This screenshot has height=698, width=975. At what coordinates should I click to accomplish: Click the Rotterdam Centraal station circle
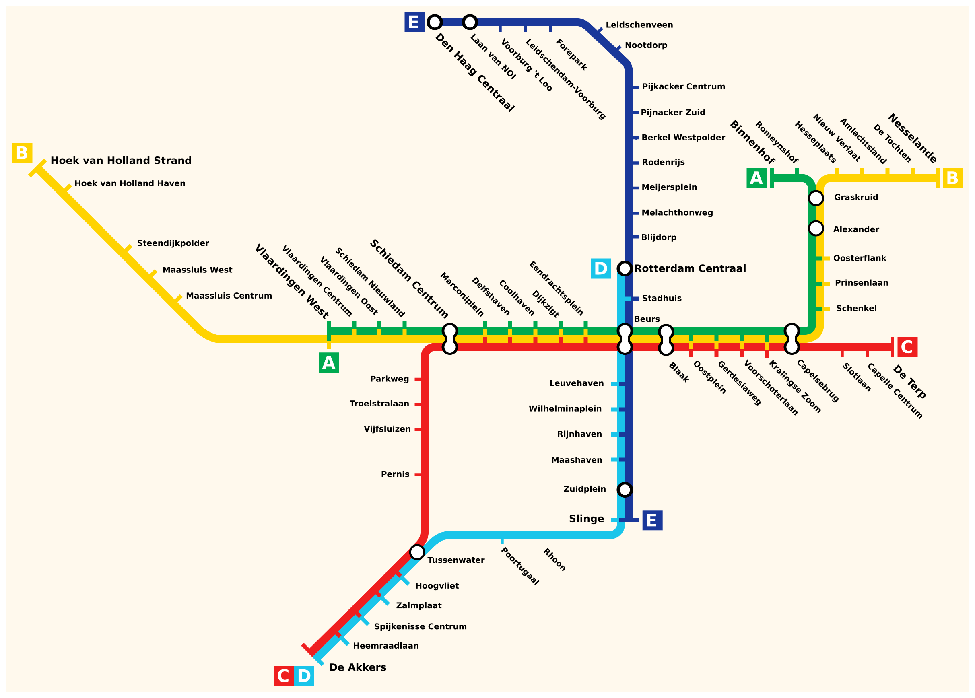(625, 269)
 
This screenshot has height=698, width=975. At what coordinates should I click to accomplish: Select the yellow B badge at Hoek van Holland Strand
(22, 153)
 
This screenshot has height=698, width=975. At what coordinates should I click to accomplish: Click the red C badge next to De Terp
(907, 347)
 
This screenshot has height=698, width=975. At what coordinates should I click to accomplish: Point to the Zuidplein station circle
(625, 490)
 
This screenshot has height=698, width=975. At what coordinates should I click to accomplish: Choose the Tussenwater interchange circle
(417, 552)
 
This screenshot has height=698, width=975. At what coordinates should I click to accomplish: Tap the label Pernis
(395, 474)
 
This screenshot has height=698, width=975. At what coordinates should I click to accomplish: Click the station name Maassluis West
(197, 270)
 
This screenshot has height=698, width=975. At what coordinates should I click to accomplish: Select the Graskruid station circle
(816, 198)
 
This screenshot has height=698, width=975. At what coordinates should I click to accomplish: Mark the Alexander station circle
(816, 228)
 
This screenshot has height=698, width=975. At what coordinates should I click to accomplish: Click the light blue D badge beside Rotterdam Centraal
(600, 269)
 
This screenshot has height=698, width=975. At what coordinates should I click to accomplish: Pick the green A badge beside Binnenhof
(757, 178)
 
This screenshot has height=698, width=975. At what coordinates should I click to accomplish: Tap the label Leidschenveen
(639, 25)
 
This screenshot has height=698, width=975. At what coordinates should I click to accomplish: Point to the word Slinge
(586, 519)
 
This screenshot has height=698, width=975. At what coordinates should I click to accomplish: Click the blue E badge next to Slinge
(652, 521)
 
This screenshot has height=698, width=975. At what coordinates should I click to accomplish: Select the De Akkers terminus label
(358, 667)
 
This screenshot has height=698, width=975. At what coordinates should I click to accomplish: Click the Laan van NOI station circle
(470, 22)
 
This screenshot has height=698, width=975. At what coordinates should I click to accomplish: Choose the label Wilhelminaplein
(565, 409)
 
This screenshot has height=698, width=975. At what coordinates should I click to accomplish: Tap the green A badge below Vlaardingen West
(329, 363)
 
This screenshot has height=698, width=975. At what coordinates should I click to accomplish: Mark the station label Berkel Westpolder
(683, 138)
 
